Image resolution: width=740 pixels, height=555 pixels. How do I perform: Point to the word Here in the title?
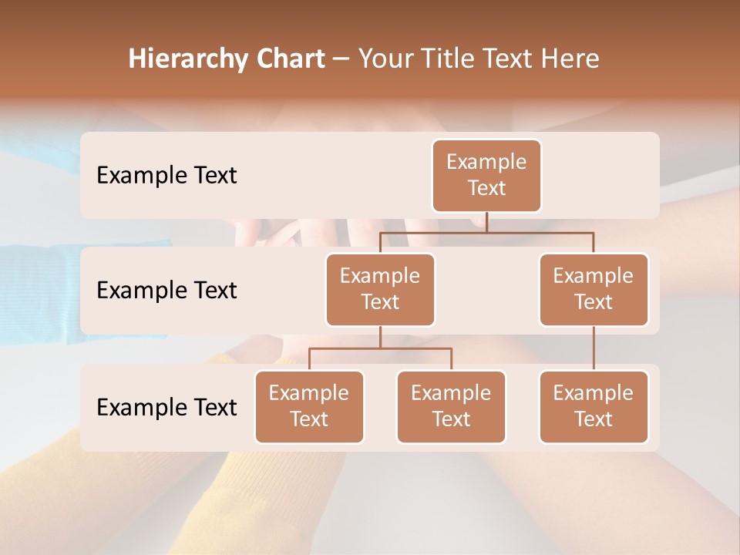(x=570, y=59)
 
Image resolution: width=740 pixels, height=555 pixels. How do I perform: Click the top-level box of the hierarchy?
(x=486, y=176)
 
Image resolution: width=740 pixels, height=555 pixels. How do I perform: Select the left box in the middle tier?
(x=380, y=289)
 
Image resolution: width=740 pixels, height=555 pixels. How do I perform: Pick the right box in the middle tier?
(x=594, y=289)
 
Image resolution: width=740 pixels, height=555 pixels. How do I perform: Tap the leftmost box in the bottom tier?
(x=309, y=406)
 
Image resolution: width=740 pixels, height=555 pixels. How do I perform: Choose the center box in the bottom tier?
(x=451, y=406)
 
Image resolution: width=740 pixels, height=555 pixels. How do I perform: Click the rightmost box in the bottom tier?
(x=594, y=406)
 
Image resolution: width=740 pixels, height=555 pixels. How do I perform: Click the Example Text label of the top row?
(x=166, y=176)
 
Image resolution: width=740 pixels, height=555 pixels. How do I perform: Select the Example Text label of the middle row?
(x=166, y=291)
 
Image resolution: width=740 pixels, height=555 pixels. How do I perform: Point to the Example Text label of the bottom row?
(x=166, y=408)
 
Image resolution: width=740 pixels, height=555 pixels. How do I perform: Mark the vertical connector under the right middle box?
(x=594, y=348)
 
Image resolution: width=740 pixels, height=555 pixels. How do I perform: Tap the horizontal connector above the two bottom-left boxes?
(x=380, y=348)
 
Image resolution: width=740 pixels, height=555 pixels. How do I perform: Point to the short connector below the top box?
(x=486, y=222)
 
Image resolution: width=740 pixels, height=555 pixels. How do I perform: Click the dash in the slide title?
(x=341, y=59)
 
